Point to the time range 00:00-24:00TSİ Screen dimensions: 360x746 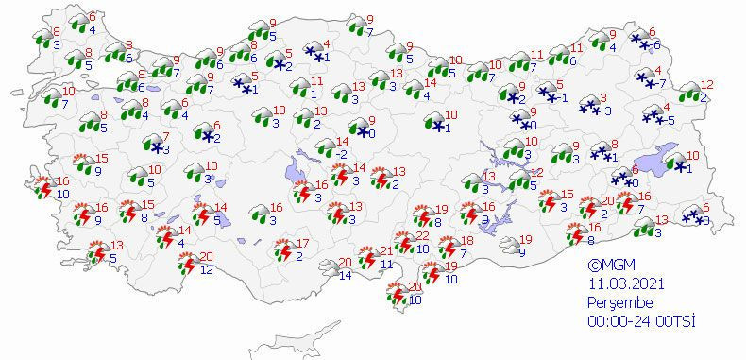coord(641,321)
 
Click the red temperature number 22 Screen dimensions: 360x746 coord(424,236)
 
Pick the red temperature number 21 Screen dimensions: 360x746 coord(386,250)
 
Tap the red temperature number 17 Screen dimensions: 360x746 coord(304,242)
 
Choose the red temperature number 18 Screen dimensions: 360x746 coord(466,241)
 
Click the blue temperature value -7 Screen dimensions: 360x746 coord(661,83)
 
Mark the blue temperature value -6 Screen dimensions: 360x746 coord(657,45)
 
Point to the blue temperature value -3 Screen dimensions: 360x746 coord(608,111)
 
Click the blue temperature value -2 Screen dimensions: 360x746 coord(344,154)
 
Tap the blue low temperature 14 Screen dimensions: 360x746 coord(344,275)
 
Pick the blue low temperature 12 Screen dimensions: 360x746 coord(206,270)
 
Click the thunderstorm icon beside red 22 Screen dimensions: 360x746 coord(404,245)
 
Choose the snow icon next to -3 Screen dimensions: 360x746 coord(589,107)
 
